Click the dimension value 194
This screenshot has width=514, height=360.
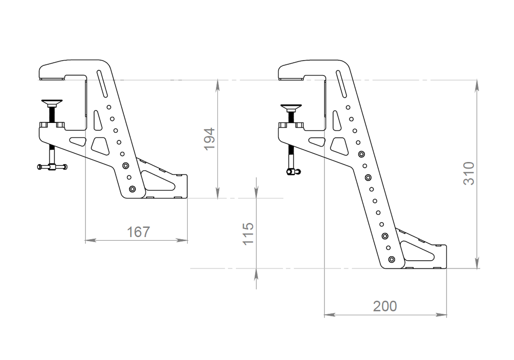[210, 139]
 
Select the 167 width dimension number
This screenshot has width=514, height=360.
[138, 232]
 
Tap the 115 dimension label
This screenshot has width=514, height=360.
[248, 233]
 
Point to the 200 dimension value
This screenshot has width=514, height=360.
[385, 307]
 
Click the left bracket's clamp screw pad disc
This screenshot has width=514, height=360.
[53, 102]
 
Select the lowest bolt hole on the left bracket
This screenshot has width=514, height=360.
[132, 189]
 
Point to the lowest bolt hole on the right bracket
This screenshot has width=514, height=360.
[392, 259]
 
